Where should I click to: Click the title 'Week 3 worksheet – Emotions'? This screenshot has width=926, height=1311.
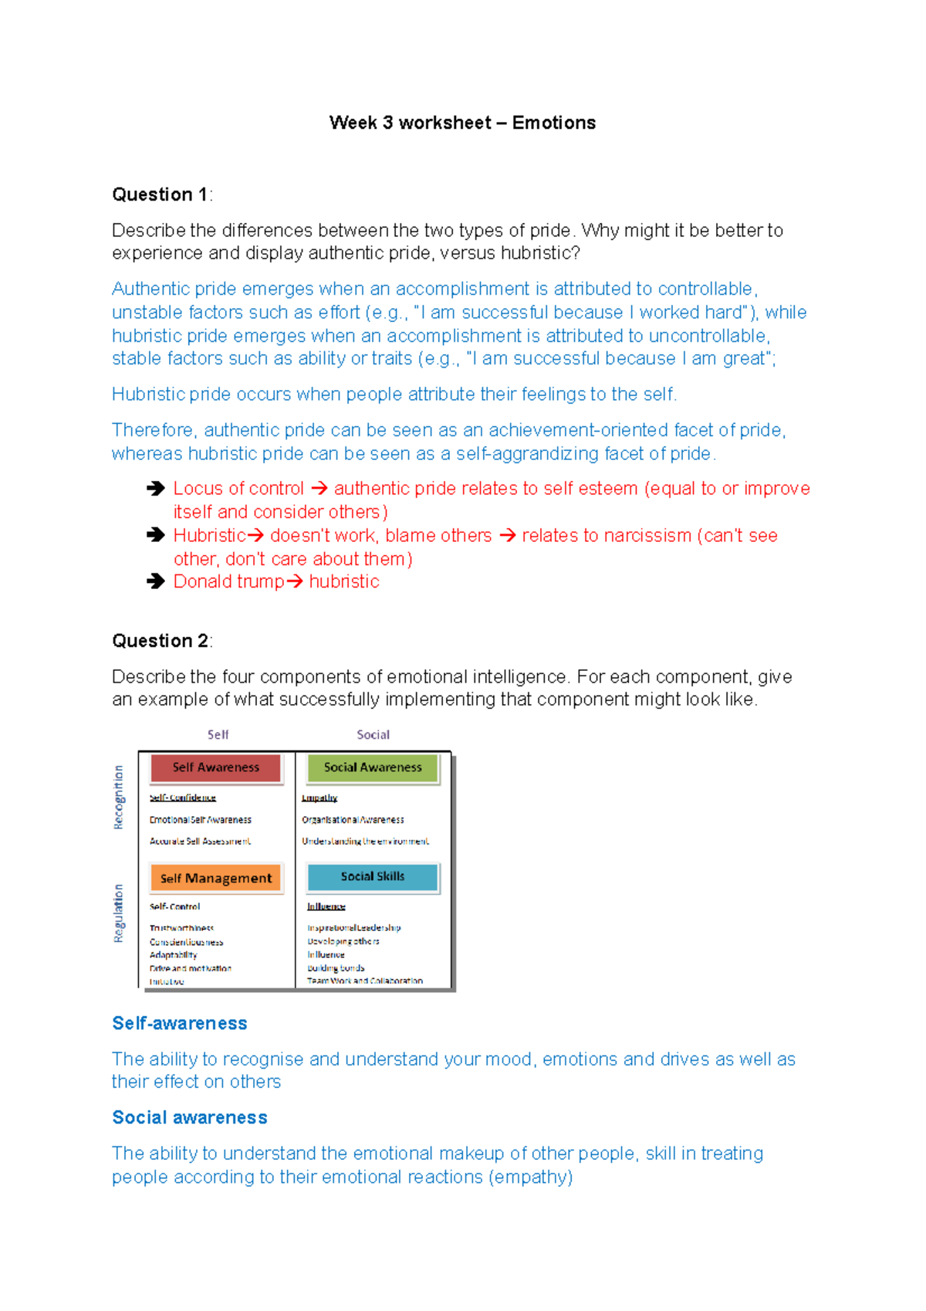pos(462,123)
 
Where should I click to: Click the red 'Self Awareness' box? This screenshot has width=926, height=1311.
pos(216,767)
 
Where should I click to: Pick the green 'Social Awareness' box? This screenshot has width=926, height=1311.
pos(373,767)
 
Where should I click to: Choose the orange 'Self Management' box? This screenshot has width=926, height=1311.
pos(216,878)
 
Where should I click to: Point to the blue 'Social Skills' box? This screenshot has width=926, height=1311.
pos(373,876)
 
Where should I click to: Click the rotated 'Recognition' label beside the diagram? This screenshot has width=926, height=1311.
pos(118,797)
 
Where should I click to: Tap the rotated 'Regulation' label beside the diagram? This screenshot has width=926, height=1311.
pos(118,913)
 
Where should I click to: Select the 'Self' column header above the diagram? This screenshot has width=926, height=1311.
pos(218,735)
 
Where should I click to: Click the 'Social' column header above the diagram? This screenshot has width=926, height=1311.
pos(373,735)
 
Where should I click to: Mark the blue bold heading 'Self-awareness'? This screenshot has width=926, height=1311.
pos(180,1023)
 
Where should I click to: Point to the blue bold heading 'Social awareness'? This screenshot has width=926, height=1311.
pos(190,1117)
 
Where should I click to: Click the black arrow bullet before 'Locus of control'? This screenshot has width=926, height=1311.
pos(156,488)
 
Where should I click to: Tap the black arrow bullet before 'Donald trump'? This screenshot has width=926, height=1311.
pos(156,581)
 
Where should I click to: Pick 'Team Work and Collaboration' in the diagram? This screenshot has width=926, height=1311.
pos(365,981)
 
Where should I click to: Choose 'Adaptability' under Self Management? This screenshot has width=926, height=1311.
pos(173,955)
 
